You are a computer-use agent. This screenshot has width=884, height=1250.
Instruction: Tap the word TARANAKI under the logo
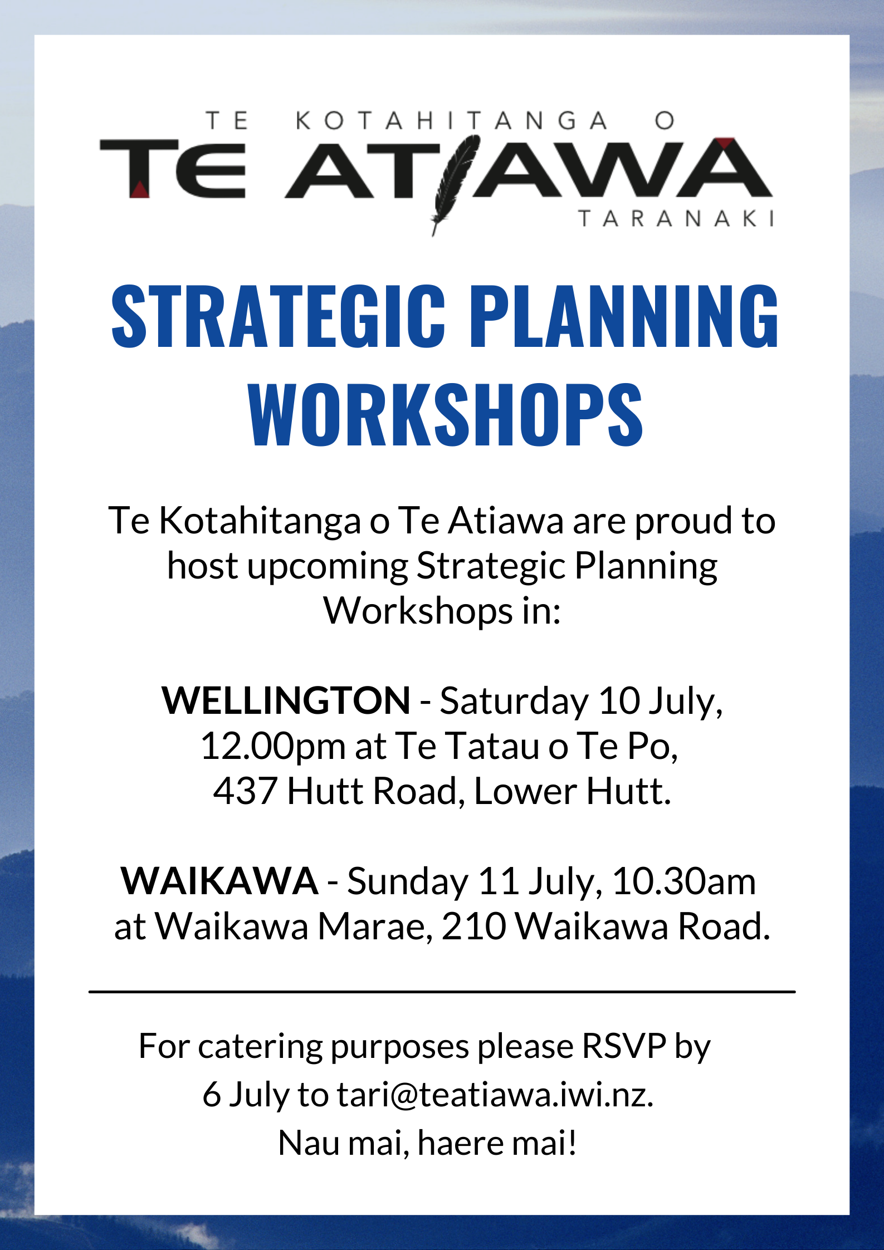(x=676, y=218)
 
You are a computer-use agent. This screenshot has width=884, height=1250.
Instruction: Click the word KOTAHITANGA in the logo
(x=451, y=121)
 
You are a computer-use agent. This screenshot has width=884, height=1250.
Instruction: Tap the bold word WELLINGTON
(x=286, y=700)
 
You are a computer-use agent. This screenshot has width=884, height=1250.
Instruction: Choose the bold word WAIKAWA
(x=219, y=881)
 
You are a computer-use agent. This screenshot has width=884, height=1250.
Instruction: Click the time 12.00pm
(x=273, y=746)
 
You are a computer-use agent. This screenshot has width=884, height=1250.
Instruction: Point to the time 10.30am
(x=684, y=881)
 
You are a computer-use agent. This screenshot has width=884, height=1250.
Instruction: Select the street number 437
(x=245, y=791)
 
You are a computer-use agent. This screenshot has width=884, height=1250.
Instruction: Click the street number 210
(x=473, y=927)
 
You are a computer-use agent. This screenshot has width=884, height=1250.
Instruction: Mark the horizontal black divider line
(x=442, y=992)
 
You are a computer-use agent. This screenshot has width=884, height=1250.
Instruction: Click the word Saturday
(x=514, y=700)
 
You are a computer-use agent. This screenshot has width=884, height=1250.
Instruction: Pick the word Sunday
(x=407, y=881)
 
